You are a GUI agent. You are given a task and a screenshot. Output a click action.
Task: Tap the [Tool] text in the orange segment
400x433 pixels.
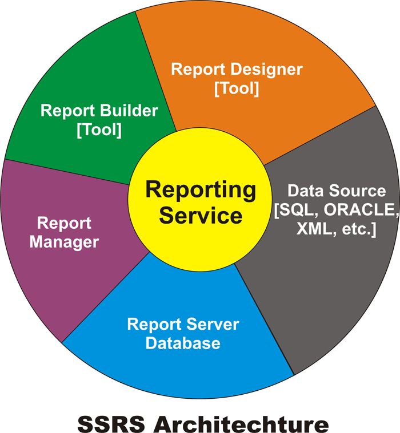[237, 88]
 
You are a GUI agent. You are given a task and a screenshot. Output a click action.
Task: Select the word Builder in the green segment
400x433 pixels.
[129, 111]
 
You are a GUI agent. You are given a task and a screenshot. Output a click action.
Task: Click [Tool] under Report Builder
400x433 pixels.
[99, 130]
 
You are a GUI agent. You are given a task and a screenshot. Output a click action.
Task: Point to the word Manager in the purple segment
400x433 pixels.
[64, 242]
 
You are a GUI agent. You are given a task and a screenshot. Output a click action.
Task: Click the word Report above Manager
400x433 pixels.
[64, 223]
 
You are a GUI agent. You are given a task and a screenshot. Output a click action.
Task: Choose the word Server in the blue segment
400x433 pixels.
[213, 324]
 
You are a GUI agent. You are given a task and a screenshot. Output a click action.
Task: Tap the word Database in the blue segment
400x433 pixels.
[183, 343]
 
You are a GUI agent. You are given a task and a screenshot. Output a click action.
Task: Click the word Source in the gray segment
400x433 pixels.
[357, 191]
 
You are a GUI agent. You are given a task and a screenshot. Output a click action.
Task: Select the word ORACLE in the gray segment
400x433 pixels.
[362, 210]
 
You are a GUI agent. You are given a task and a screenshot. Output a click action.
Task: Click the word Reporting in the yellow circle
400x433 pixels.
[201, 191]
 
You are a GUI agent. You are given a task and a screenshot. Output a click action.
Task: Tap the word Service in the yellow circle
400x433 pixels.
[201, 216]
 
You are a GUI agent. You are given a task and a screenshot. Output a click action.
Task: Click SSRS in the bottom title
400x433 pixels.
[111, 424]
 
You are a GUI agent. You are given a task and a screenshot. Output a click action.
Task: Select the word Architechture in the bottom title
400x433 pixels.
[241, 424]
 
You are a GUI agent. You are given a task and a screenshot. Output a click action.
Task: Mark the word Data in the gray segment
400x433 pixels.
[306, 191]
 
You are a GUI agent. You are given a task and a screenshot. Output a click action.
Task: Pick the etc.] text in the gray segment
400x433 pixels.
[359, 229]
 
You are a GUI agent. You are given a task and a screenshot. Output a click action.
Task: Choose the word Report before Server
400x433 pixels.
[154, 325]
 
